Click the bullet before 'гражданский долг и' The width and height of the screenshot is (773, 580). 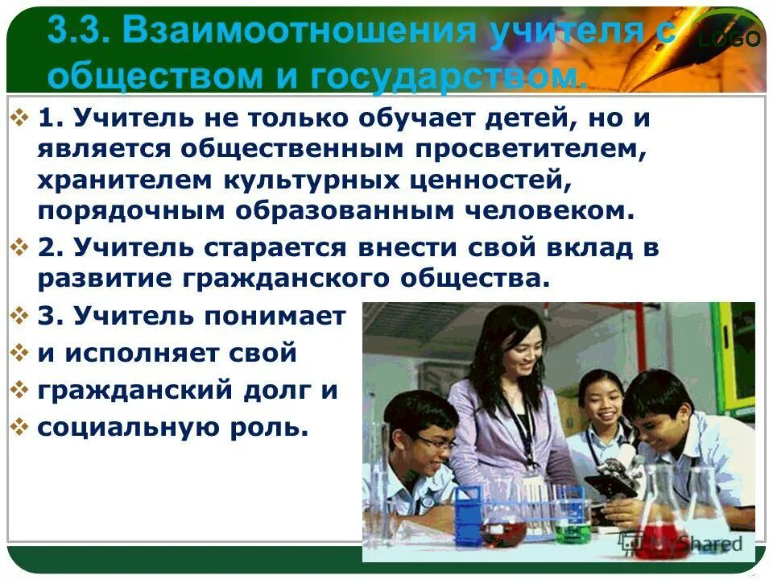tap(20, 389)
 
